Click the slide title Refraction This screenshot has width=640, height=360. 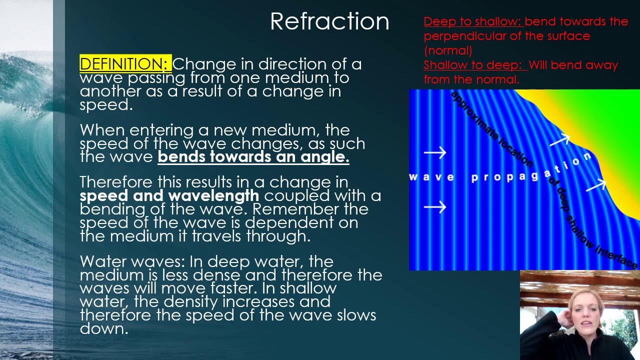point(329,21)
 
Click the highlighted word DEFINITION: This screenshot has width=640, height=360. point(125,64)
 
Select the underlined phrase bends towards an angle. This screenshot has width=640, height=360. point(253,157)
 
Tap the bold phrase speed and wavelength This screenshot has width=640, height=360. point(169,195)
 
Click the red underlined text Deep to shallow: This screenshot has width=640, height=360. point(472,21)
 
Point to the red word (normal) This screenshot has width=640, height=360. point(447,50)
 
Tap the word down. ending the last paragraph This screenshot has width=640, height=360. point(103,328)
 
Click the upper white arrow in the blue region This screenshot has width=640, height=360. point(434,152)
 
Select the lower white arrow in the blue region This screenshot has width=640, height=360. point(434,206)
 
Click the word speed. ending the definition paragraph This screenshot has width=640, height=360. point(105,104)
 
